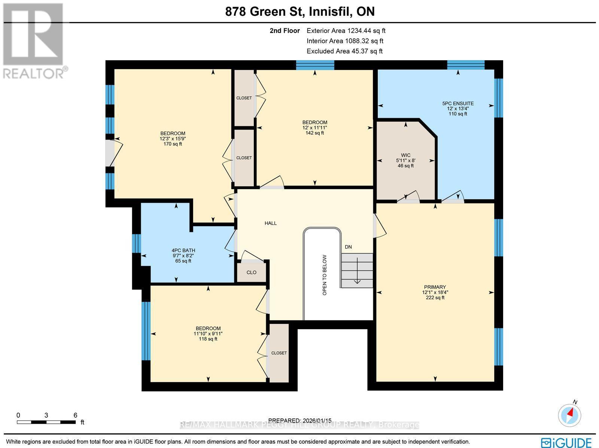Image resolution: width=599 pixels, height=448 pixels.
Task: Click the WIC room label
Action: click(405, 155)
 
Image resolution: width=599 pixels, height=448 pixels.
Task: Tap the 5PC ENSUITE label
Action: click(457, 104)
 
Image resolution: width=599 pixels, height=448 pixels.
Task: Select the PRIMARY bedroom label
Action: click(435, 287)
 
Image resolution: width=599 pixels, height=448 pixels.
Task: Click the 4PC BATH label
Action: click(183, 251)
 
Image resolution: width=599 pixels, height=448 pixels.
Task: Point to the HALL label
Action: click(270, 223)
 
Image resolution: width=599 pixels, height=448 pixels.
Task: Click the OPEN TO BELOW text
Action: click(325, 275)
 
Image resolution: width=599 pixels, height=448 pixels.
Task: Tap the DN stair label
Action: click(348, 247)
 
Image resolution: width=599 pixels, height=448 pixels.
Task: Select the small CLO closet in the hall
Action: click(252, 272)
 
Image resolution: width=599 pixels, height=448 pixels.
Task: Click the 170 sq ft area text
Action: click(173, 144)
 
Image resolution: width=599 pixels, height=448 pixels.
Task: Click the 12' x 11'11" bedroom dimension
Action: click(314, 128)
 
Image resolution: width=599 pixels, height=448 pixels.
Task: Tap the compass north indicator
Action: click(570, 414)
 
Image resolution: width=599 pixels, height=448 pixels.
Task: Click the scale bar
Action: click(46, 422)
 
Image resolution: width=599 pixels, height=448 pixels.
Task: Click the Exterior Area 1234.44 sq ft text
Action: click(346, 31)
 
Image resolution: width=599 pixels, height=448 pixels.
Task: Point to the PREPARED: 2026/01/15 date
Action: click(299, 420)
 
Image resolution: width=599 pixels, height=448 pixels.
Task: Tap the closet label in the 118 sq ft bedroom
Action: click(279, 353)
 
